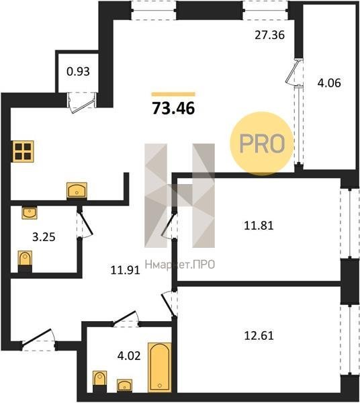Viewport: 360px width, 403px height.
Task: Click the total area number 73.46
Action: (174, 108)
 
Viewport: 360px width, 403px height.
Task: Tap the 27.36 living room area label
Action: (269, 35)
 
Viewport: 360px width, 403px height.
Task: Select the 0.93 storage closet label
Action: (78, 71)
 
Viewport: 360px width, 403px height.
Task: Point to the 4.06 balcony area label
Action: (329, 83)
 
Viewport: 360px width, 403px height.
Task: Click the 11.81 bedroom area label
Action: (259, 226)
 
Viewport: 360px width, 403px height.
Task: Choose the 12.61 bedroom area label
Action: (259, 335)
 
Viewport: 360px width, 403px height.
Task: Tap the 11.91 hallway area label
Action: (125, 270)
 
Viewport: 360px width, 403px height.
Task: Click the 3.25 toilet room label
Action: (44, 237)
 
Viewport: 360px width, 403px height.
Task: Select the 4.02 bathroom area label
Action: (129, 356)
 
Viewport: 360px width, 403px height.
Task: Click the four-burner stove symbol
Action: (23, 151)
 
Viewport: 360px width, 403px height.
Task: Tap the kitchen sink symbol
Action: (77, 191)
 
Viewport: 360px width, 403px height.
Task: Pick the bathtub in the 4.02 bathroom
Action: (160, 367)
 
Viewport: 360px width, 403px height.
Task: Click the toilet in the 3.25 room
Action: (25, 261)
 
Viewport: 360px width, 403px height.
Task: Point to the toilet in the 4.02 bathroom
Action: (99, 382)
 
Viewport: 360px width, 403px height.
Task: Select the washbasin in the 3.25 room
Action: (30, 212)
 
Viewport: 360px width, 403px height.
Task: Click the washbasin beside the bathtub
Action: (125, 386)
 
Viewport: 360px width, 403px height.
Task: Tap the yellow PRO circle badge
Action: (261, 144)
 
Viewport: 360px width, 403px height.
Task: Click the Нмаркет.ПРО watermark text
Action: (180, 264)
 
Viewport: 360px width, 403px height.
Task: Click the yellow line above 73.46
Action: (173, 94)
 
